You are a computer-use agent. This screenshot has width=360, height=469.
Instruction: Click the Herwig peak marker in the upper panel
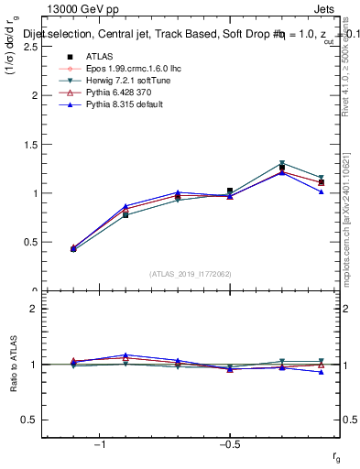pos(282,164)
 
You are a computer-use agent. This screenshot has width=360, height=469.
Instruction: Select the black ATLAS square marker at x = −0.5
pos(230,191)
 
